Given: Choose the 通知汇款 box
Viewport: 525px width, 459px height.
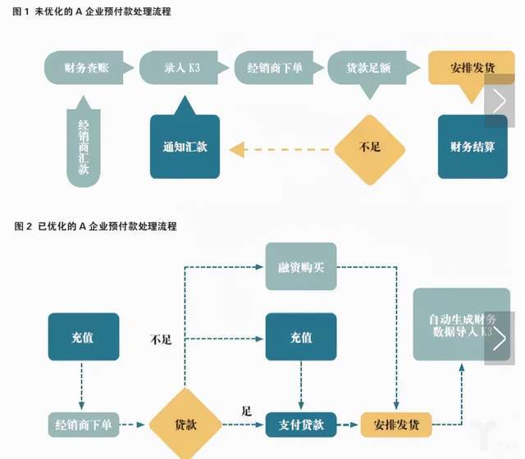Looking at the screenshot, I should coord(185,148).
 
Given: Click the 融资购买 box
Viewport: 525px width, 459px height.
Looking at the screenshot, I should coord(301,266).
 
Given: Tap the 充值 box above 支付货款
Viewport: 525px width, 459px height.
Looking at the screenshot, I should coord(301,337).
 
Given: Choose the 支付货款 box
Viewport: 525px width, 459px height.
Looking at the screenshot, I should coord(301,424).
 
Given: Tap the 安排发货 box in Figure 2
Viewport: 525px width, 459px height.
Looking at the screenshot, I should coord(396,424).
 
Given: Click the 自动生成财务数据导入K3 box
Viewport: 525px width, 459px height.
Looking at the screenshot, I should coord(454,325).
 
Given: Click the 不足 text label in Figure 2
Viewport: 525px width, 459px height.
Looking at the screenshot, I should coord(161,339).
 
